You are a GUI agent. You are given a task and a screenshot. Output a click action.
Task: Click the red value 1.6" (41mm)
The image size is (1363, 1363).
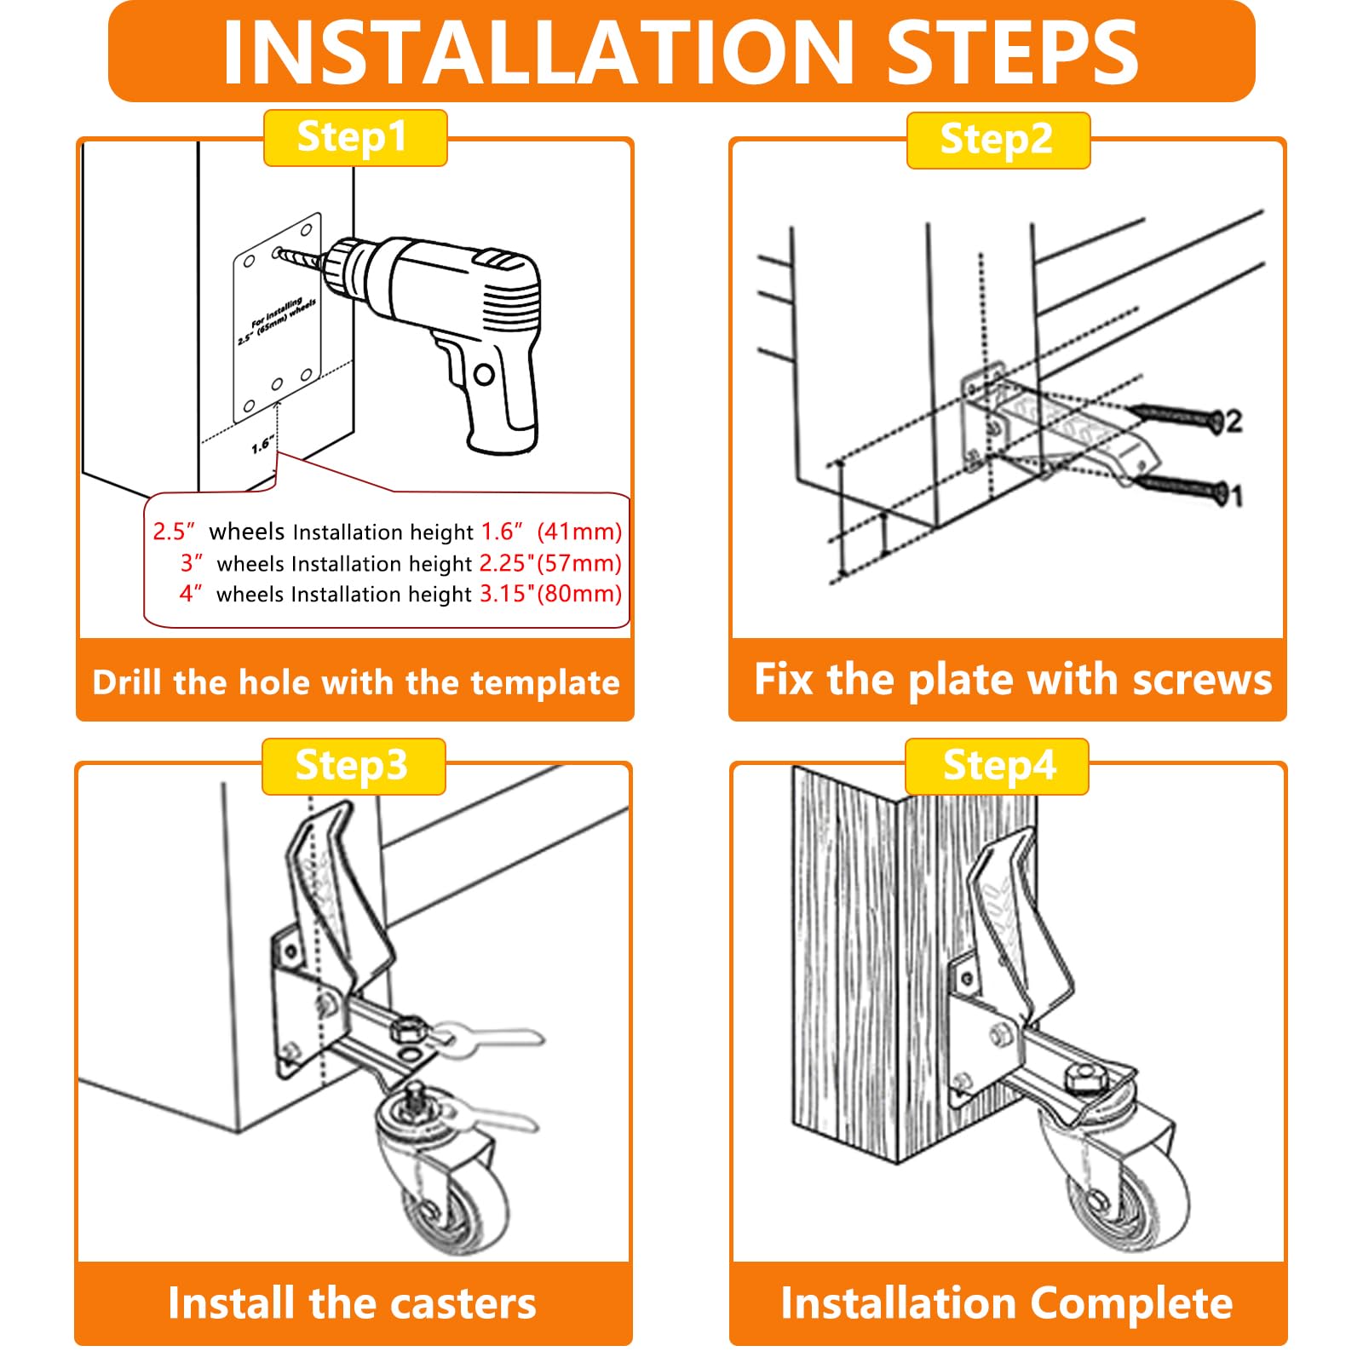(x=551, y=532)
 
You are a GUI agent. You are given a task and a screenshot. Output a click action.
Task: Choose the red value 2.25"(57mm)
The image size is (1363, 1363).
(x=549, y=563)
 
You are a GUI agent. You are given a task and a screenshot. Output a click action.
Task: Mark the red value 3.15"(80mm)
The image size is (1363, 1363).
(x=550, y=594)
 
